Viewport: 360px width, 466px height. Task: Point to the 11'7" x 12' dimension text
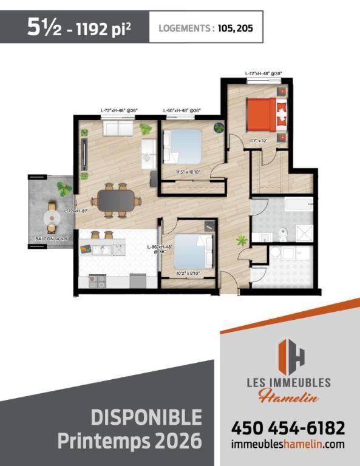[x=259, y=141]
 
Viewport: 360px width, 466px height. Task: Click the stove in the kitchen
[x=97, y=281]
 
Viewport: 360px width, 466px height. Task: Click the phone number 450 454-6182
[x=288, y=428]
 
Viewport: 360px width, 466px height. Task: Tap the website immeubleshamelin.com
[x=288, y=444]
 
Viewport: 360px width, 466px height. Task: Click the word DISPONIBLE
[x=147, y=418]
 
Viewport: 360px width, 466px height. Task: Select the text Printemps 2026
[x=129, y=440]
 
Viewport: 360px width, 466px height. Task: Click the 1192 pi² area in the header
[x=101, y=29]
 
